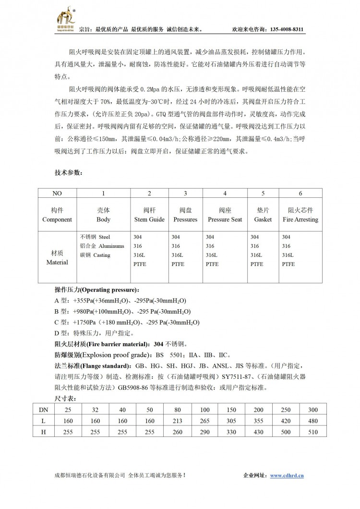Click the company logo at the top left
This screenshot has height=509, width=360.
(65, 19)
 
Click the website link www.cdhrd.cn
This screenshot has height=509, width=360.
(287, 475)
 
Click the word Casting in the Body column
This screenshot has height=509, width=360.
(102, 255)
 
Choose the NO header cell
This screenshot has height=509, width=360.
(57, 193)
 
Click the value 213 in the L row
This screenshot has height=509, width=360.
(178, 421)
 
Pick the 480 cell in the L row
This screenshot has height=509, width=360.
(313, 421)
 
